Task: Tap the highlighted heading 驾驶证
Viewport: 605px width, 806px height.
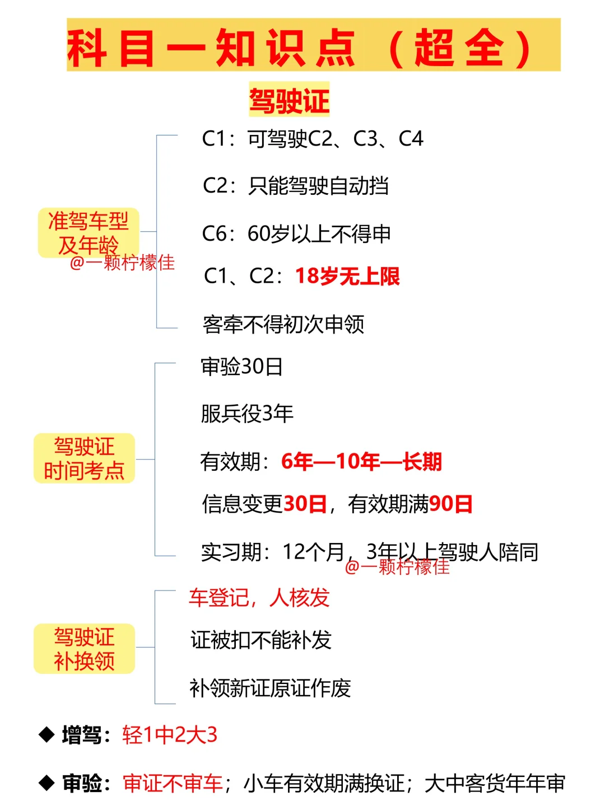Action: (289, 101)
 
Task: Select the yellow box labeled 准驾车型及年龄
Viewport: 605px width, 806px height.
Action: (89, 232)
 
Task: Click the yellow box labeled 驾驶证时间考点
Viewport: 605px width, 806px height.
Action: (84, 458)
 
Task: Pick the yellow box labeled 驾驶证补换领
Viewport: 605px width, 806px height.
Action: (84, 649)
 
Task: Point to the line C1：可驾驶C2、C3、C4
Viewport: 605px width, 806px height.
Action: (313, 139)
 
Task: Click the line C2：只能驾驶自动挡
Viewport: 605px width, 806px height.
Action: (296, 186)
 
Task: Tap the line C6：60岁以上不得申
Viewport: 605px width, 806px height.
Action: (296, 234)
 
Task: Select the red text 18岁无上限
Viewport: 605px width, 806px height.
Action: (347, 276)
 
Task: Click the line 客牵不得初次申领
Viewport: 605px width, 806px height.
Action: (283, 324)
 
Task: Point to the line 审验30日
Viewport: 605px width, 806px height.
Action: (242, 367)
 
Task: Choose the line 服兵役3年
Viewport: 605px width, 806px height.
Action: (247, 414)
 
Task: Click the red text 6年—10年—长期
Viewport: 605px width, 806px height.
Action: (361, 462)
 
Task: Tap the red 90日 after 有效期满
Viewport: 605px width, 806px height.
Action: (451, 504)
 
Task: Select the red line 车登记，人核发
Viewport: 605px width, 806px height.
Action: (259, 598)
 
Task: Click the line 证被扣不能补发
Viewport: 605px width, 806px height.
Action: (261, 640)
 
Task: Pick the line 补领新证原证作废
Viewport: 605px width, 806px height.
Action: (270, 688)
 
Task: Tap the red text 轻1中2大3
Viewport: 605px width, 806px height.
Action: (170, 735)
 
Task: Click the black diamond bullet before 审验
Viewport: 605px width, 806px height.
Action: (46, 782)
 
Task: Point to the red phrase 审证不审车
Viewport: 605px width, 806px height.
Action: (173, 783)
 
